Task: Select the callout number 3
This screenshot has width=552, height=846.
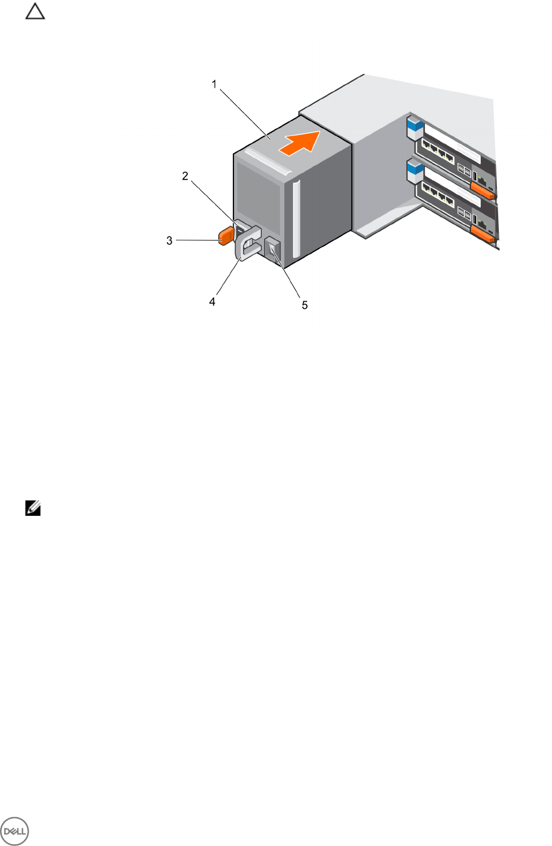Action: tap(169, 241)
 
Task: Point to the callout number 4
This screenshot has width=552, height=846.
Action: tap(212, 301)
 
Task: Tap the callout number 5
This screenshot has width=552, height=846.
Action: tap(305, 305)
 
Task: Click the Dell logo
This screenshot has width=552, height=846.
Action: tap(15, 831)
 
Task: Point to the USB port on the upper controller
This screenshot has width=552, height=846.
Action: tap(475, 178)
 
